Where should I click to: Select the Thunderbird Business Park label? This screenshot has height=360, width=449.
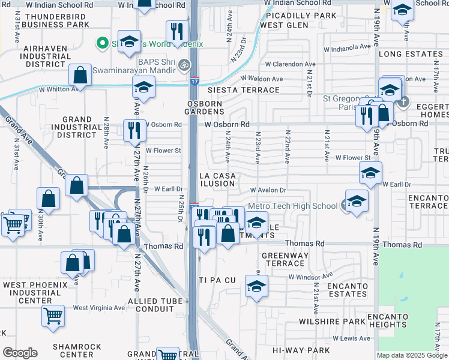point(49,20)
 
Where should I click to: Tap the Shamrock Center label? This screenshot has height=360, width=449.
point(73,350)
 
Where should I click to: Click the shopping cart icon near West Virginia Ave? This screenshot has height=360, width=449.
point(53,315)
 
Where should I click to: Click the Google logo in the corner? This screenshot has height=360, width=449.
point(20,353)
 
